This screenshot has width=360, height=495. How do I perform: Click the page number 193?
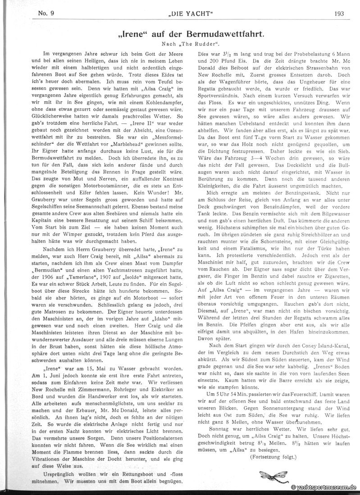pos(339,13)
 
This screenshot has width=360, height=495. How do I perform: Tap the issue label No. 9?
pos(47,13)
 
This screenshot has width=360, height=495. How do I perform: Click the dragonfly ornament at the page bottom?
pos(273,475)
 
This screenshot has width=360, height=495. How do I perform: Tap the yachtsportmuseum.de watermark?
pos(324,487)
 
